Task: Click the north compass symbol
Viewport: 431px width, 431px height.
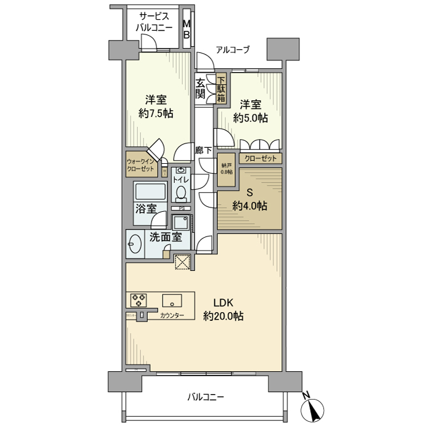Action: coord(316,408)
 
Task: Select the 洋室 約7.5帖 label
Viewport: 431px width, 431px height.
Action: coord(155,107)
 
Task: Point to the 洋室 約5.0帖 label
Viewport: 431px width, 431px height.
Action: coord(250,110)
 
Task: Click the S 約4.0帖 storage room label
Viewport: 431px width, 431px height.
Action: coord(249,199)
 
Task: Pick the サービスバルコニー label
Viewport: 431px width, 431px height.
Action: coord(155,22)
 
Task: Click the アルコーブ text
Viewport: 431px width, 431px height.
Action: coord(232,50)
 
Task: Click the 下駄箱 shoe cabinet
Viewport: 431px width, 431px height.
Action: coord(220,88)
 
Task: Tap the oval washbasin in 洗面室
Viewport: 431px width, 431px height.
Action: coord(135,246)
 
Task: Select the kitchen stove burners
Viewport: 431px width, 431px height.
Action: coord(139,300)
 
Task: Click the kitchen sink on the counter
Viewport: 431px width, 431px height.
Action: coord(172,300)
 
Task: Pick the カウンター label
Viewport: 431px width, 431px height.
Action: coord(172,316)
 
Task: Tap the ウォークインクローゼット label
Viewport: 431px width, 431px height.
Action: coord(142,164)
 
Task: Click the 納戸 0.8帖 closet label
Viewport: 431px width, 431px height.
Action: coord(227,168)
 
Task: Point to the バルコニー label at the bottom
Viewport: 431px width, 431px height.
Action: coord(206,397)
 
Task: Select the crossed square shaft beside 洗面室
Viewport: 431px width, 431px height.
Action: coord(183,263)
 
